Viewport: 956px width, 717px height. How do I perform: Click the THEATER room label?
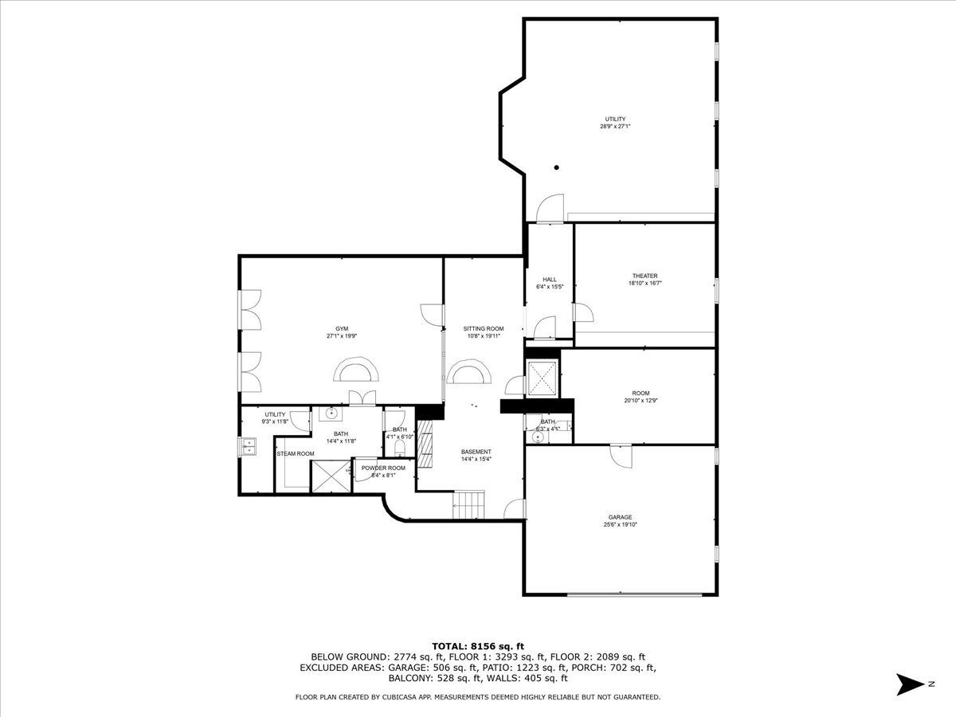coord(644,276)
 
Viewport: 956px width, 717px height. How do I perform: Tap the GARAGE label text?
coord(620,517)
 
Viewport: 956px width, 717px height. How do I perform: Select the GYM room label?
coord(341,328)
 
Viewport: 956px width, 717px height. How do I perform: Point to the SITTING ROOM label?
coord(484,328)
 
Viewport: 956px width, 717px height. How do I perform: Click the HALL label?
coord(550,279)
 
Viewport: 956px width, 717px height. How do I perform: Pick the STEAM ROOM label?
coord(295,453)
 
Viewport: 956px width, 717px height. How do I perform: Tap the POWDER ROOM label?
coord(383,468)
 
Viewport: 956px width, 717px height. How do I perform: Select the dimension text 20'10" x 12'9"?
coord(641,401)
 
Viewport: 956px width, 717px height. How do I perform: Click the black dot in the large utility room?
coord(557,167)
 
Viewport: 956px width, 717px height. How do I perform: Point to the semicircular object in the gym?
coord(356,372)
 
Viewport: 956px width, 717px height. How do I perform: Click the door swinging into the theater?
coord(582,312)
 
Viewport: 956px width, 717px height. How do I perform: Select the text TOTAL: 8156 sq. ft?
coord(478,646)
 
